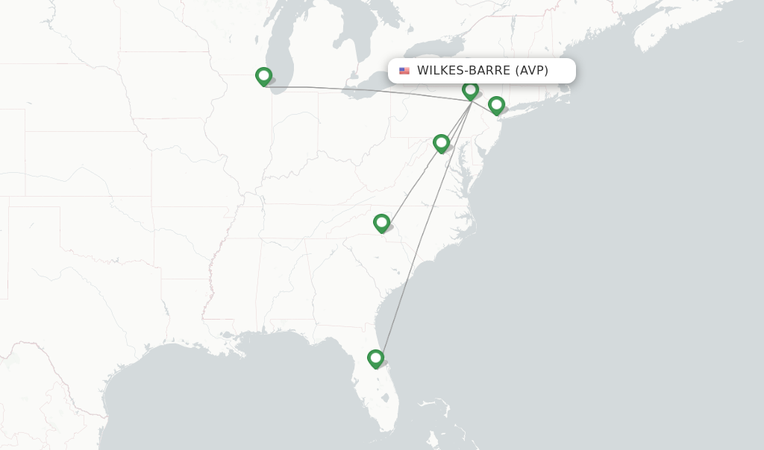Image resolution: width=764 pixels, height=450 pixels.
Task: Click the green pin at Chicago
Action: [263, 76]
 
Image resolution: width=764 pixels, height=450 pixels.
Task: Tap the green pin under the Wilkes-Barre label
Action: [470, 90]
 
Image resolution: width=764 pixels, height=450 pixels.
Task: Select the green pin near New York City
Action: [496, 105]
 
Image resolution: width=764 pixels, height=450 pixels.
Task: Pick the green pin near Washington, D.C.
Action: [441, 142]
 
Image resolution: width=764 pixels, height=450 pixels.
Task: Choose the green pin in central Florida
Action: [375, 358]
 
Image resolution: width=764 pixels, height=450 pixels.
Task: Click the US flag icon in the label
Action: [404, 71]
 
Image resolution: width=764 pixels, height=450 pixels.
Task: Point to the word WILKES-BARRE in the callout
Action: [463, 71]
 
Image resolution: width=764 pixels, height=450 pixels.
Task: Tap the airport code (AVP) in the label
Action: [532, 71]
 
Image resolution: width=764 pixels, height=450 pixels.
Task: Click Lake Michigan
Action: [282, 45]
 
